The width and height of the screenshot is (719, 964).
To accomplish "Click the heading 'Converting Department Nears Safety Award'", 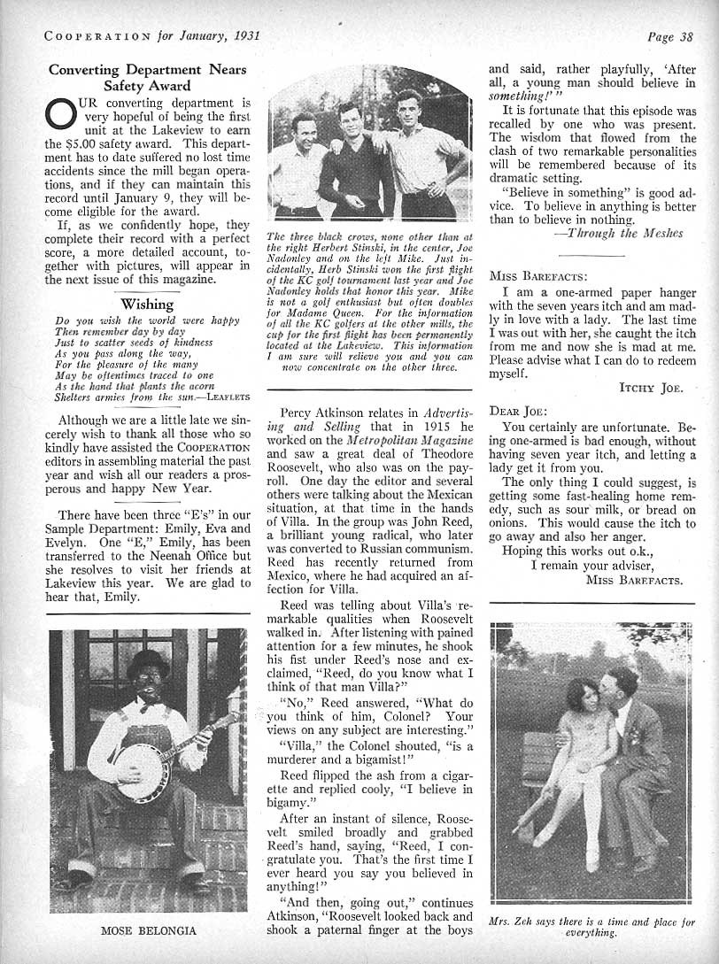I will pyautogui.click(x=147, y=78).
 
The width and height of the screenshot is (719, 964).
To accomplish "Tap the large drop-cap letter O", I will pyautogui.click(x=58, y=115).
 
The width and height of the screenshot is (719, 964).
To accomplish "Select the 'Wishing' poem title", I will pyautogui.click(x=147, y=304).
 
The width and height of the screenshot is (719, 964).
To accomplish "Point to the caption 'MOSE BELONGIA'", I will pyautogui.click(x=147, y=930).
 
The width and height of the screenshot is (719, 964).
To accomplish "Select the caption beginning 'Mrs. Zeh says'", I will pyautogui.click(x=591, y=927).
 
